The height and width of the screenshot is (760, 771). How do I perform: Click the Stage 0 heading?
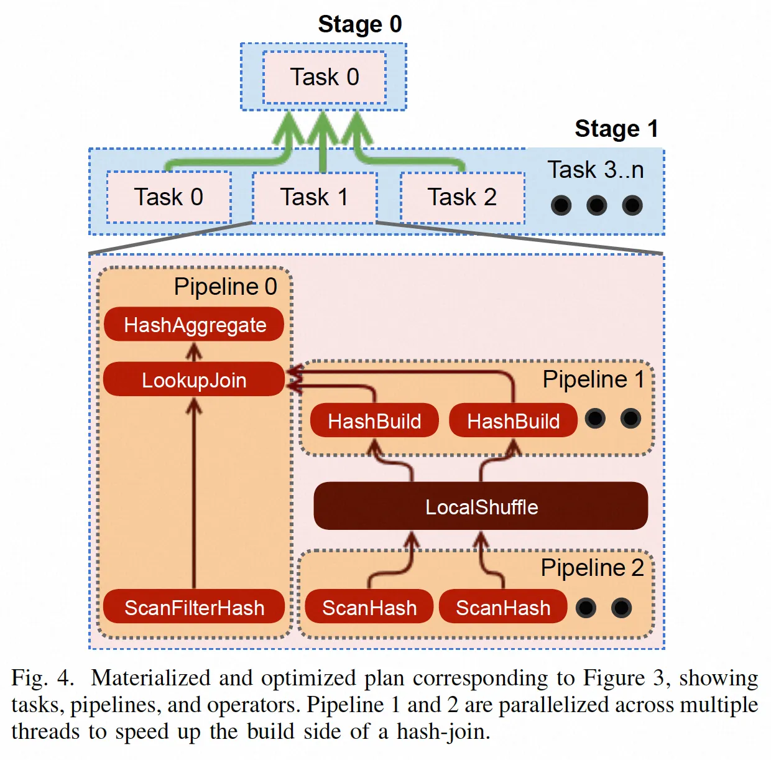[360, 24]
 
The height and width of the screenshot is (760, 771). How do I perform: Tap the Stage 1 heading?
[616, 129]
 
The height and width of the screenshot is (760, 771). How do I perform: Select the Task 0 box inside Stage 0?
[325, 77]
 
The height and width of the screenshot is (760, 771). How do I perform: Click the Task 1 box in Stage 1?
[314, 197]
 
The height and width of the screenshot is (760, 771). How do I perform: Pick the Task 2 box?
[462, 197]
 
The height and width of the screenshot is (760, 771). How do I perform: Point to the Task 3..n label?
[595, 170]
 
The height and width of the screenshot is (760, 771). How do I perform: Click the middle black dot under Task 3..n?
[596, 205]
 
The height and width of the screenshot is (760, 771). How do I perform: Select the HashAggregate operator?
[194, 325]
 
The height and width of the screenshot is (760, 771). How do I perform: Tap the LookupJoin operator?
[194, 379]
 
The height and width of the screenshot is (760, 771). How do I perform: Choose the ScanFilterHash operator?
[194, 607]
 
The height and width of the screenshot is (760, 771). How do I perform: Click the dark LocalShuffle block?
[481, 506]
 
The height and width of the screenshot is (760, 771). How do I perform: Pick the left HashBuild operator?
[374, 421]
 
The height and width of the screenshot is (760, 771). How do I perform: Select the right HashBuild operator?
[513, 421]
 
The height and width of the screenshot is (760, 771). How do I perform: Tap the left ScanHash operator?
[369, 607]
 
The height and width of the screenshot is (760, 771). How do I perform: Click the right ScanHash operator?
[503, 607]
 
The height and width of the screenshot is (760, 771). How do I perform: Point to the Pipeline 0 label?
[225, 287]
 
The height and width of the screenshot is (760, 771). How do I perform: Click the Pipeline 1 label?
[593, 379]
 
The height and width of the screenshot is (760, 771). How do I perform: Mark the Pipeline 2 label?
[592, 568]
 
